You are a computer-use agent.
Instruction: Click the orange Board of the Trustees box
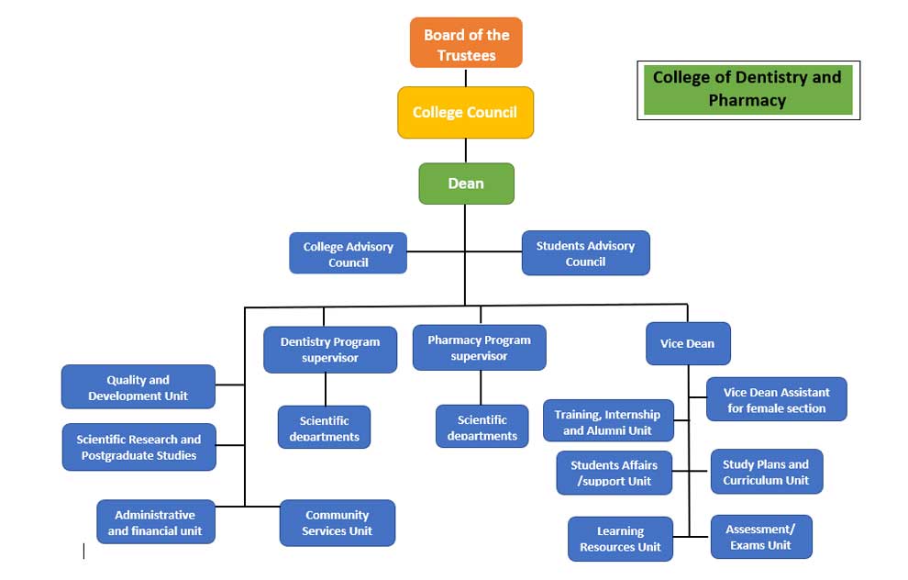[x=466, y=43]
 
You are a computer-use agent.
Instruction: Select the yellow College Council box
[x=465, y=113]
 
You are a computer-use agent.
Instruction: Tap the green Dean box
[x=466, y=184]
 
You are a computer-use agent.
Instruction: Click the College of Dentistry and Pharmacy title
[x=747, y=89]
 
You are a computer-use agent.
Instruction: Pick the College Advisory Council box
[x=348, y=253]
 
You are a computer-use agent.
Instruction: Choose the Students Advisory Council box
[x=585, y=253]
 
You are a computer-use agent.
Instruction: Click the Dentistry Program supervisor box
[x=330, y=350]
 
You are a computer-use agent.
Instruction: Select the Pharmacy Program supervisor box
[x=479, y=348]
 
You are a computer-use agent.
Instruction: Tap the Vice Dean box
[x=688, y=343]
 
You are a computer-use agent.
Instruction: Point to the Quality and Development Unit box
[x=138, y=387]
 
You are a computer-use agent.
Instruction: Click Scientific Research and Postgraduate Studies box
[x=138, y=447]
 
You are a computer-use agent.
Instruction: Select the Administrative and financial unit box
[x=155, y=522]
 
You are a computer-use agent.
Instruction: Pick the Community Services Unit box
[x=337, y=522]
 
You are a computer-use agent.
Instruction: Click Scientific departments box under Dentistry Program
[x=324, y=428]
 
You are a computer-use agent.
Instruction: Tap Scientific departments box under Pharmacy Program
[x=482, y=427]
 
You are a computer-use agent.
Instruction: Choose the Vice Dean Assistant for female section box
[x=776, y=399]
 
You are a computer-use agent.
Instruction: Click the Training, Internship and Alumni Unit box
[x=607, y=421]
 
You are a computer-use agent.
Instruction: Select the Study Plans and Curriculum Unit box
[x=766, y=472]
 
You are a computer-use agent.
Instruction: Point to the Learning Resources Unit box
[x=620, y=539]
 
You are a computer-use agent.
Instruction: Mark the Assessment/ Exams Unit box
[x=760, y=537]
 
